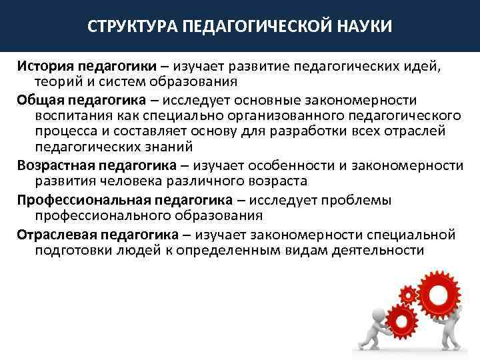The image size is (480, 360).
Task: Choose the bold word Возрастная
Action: pos(56,165)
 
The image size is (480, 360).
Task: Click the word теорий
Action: pos(57,82)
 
